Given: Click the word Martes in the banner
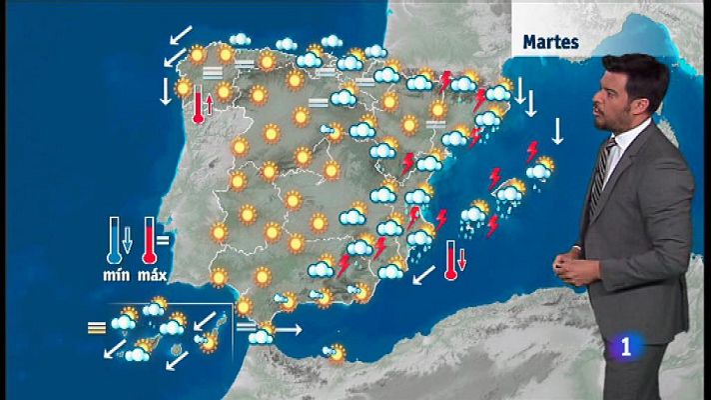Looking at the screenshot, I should tap(551, 43).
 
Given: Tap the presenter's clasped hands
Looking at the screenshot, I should tap(570, 269).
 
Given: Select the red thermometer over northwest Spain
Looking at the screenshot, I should tap(199, 105).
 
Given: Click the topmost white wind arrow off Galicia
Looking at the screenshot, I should tap(181, 36).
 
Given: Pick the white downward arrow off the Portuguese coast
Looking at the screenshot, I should tap(167, 92).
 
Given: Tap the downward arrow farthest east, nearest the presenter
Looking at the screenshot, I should tap(557, 131).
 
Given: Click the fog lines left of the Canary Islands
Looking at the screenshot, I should tap(96, 326).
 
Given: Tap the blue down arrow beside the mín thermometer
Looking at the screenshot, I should tap(126, 240).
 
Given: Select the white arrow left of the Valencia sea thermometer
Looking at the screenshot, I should tap(422, 272).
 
